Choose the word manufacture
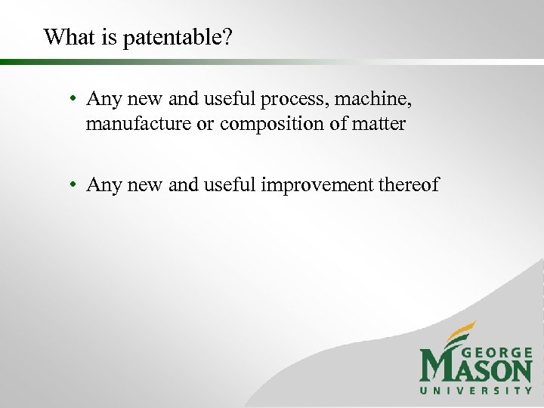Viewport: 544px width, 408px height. [x=139, y=124]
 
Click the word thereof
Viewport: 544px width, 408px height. [x=412, y=185]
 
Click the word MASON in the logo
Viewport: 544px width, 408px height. [x=476, y=369]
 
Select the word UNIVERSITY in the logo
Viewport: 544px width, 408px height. [x=476, y=391]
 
